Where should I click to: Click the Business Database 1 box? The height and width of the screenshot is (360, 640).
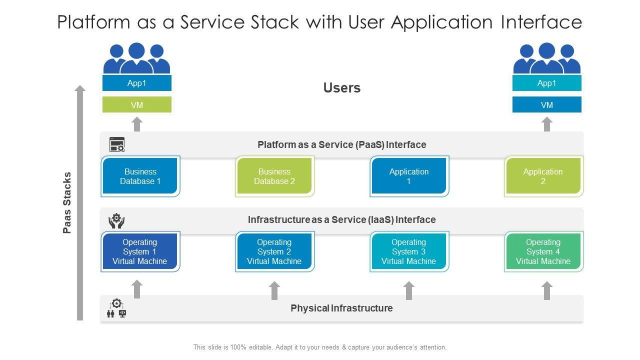click(x=140, y=176)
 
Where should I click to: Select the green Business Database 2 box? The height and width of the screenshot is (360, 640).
click(x=274, y=176)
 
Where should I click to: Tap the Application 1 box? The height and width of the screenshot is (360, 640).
click(x=409, y=176)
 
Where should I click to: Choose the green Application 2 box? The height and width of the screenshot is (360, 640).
click(x=543, y=176)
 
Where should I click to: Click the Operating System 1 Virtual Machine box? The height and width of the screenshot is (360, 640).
click(x=140, y=251)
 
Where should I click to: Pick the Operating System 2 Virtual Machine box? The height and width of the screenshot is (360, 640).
click(x=274, y=251)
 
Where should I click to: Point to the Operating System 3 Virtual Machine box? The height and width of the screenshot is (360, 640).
click(x=409, y=251)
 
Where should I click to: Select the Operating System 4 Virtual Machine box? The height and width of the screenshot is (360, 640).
click(x=543, y=251)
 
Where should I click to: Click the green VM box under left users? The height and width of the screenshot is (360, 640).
click(x=137, y=105)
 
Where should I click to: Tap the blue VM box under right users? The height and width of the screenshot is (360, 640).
click(x=547, y=105)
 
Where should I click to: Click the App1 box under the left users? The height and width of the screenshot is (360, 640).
click(x=137, y=83)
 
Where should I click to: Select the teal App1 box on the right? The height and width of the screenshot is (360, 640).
click(x=547, y=83)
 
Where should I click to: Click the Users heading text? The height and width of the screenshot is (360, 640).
click(x=342, y=88)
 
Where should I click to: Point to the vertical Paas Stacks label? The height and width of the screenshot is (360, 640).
click(x=67, y=203)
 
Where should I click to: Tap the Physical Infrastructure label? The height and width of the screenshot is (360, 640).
click(x=341, y=308)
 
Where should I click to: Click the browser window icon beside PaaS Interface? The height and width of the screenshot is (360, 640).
click(x=117, y=145)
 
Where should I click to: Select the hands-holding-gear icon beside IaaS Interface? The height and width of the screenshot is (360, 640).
click(x=116, y=220)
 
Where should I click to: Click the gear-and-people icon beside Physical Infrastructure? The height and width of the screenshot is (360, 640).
click(x=116, y=308)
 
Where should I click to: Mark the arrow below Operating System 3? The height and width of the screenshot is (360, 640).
click(x=409, y=290)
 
